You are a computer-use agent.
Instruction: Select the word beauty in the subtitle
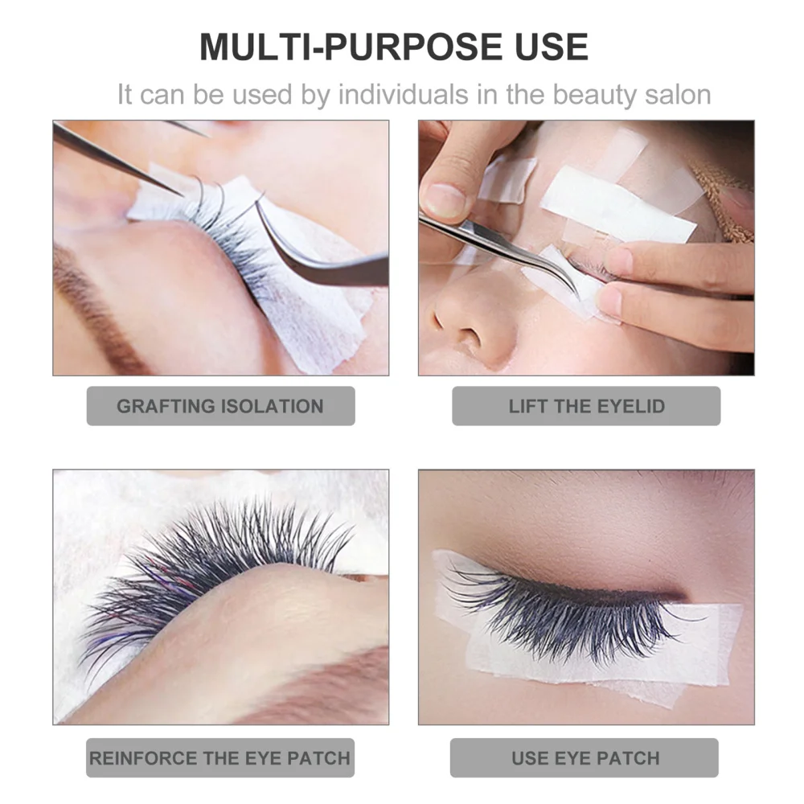(x=582, y=94)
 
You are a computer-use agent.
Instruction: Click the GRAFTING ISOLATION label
(x=220, y=406)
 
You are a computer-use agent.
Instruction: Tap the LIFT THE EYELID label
(x=586, y=406)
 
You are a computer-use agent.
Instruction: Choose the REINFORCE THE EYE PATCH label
(x=220, y=757)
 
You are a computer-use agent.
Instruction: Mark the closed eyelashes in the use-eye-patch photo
(x=563, y=611)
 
